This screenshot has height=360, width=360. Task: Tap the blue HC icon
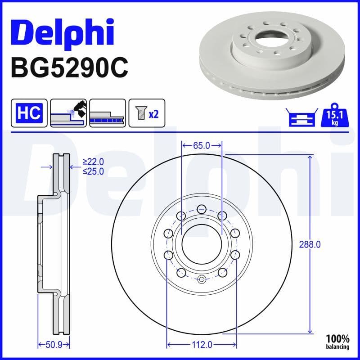point(29,112)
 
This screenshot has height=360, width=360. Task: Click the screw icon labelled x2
point(147,112)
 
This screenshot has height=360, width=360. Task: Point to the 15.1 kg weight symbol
point(333,117)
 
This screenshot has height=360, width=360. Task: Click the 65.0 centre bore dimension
point(201,145)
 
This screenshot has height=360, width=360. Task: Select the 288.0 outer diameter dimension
point(310,244)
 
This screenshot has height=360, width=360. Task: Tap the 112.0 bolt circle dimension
point(202,345)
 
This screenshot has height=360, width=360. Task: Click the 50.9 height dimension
point(53,345)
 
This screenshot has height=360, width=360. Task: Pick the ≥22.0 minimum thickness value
point(93,162)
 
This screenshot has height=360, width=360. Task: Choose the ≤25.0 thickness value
point(93,171)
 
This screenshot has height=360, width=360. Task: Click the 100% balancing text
point(337,342)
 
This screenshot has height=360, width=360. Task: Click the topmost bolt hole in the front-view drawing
point(202,208)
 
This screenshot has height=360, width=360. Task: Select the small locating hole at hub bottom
point(202,280)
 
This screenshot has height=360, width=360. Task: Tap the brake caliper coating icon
point(68,112)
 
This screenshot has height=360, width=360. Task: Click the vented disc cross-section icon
point(107,112)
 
